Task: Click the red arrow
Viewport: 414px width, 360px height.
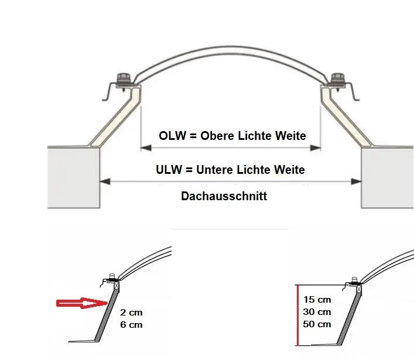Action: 80,303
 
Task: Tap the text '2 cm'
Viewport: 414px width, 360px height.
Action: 131,313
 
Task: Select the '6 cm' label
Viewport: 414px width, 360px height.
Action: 131,324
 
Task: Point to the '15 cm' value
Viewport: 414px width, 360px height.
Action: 317,300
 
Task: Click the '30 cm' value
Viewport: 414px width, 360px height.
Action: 317,312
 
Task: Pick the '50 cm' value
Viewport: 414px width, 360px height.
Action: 317,324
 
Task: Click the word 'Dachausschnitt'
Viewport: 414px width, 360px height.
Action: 224,196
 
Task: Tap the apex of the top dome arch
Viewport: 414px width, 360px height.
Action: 231,45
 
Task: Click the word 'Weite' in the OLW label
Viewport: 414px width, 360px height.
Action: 290,136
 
